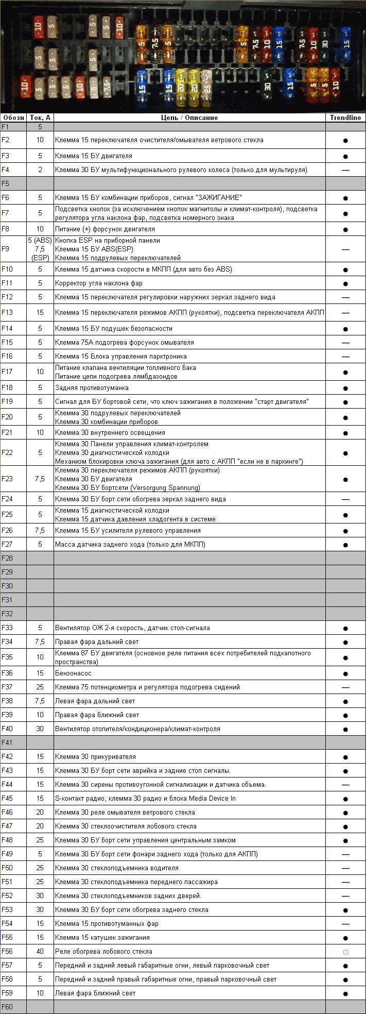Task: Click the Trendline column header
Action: tap(345, 117)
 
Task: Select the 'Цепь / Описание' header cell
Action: tap(189, 117)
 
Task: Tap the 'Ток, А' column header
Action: tap(40, 117)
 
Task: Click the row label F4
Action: tap(6, 170)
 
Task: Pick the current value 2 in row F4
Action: tap(40, 170)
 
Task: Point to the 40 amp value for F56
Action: tap(40, 951)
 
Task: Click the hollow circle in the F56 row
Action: tap(345, 952)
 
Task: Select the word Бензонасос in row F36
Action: tap(73, 673)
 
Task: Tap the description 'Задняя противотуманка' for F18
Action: tap(92, 387)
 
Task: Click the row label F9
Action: tap(6, 249)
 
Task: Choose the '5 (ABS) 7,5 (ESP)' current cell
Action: tap(40, 249)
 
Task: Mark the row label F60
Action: tap(7, 1007)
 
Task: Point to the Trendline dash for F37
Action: tap(345, 687)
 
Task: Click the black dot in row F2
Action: tap(345, 140)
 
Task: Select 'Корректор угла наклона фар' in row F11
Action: tap(99, 283)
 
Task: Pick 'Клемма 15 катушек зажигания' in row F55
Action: tap(102, 937)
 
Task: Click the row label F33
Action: tap(7, 628)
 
